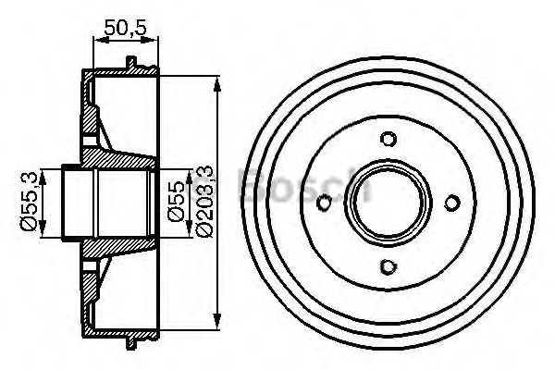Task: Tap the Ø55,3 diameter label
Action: click(x=29, y=201)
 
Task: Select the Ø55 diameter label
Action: click(x=176, y=201)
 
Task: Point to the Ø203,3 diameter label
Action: click(x=203, y=201)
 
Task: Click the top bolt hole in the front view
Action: click(x=388, y=139)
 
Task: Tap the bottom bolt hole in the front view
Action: click(x=388, y=266)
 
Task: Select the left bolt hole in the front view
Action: click(x=324, y=203)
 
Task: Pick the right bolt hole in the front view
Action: click(x=452, y=203)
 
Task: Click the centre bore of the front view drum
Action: click(x=388, y=203)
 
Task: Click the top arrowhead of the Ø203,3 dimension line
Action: click(x=217, y=84)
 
